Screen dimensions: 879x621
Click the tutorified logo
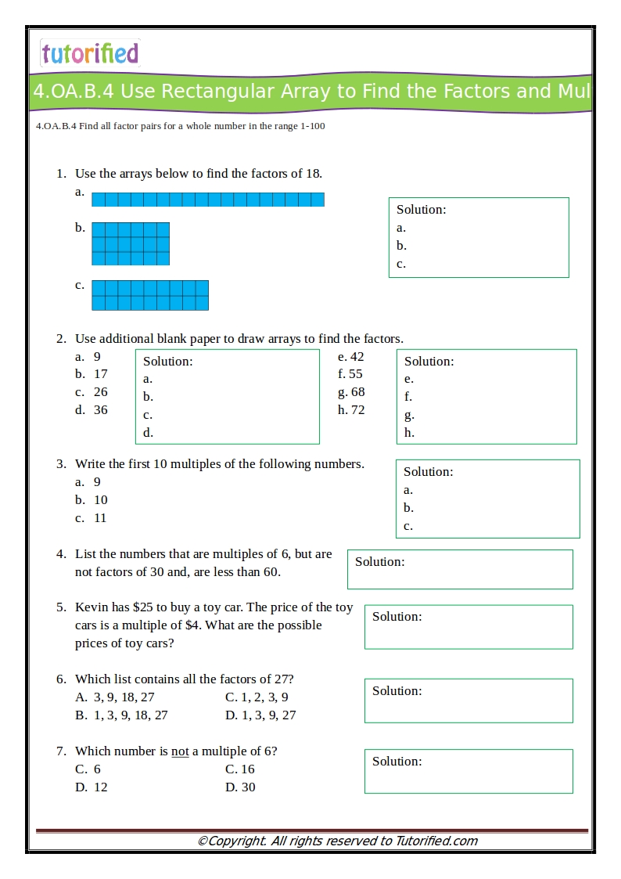(89, 53)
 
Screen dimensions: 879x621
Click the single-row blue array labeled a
(207, 200)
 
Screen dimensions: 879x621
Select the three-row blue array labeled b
(131, 243)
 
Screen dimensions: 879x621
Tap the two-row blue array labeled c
(150, 295)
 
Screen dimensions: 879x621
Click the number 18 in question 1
(313, 174)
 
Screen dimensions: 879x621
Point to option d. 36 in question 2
(92, 410)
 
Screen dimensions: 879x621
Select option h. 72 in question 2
(351, 410)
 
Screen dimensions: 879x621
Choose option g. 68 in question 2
(351, 392)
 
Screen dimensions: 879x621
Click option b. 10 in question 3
(92, 500)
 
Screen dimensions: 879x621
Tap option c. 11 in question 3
(92, 518)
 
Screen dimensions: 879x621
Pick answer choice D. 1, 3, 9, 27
(260, 715)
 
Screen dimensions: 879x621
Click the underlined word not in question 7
(180, 751)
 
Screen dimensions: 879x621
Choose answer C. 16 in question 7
(240, 769)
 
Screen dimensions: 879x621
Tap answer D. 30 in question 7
(240, 787)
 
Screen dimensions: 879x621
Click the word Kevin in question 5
(92, 607)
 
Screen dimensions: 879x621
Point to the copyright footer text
(337, 841)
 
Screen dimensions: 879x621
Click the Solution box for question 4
(460, 569)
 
